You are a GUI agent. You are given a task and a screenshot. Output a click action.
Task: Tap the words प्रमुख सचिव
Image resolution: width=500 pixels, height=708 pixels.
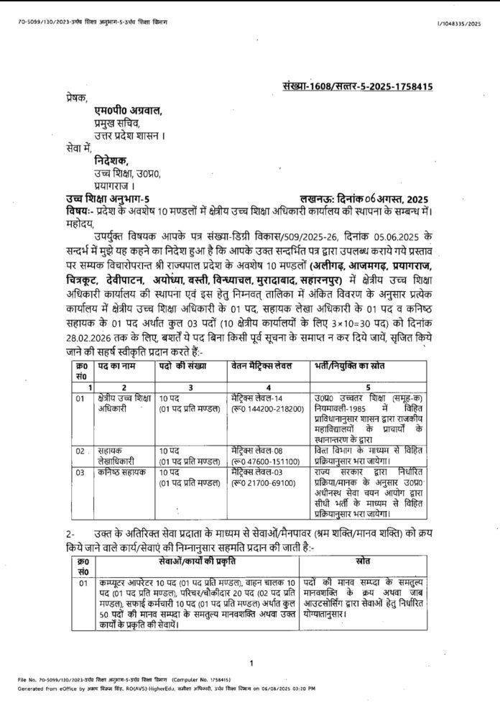tap(107, 123)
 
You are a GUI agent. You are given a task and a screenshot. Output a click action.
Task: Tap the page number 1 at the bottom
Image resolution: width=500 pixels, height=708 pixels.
tap(250, 663)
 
